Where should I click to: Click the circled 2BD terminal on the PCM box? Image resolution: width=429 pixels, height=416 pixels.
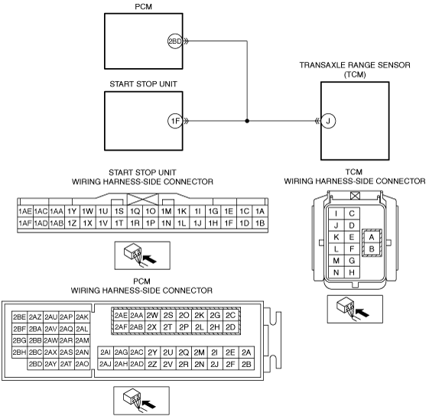pyautogui.click(x=175, y=41)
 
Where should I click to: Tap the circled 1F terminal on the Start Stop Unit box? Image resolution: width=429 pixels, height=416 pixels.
pyautogui.click(x=175, y=121)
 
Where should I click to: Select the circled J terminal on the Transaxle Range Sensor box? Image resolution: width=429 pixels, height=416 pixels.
pyautogui.click(x=328, y=121)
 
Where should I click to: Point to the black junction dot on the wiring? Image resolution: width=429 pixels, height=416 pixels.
pyautogui.click(x=247, y=121)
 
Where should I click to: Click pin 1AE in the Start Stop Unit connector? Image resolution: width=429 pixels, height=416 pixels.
pyautogui.click(x=25, y=211)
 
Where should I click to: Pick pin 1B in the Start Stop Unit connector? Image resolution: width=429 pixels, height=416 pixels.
pyautogui.click(x=260, y=223)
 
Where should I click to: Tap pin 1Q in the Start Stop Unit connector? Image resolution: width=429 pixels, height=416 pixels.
pyautogui.click(x=135, y=211)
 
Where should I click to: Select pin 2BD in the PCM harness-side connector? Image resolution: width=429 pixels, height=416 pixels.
pyautogui.click(x=35, y=364)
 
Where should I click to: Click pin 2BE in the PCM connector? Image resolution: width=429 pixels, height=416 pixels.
pyautogui.click(x=20, y=317)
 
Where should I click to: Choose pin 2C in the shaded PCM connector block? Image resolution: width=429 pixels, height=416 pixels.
pyautogui.click(x=230, y=315)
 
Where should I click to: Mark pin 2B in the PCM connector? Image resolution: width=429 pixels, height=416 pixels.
pyautogui.click(x=246, y=364)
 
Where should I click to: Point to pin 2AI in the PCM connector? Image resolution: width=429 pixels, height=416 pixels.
pyautogui.click(x=106, y=353)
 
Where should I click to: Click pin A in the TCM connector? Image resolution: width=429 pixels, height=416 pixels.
pyautogui.click(x=372, y=237)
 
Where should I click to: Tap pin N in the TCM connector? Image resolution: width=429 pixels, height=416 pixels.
pyautogui.click(x=336, y=272)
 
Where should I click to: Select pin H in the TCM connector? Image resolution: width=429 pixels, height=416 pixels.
pyautogui.click(x=352, y=272)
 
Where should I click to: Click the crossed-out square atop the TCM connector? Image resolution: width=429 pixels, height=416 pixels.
pyautogui.click(x=355, y=196)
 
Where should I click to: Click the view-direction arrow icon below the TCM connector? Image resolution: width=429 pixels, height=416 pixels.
pyautogui.click(x=355, y=309)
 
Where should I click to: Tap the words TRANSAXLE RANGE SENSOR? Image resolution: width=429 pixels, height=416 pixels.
pyautogui.click(x=355, y=65)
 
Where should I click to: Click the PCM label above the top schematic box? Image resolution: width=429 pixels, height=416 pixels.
pyautogui.click(x=143, y=7)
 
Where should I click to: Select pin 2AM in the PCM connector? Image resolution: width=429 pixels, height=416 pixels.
pyautogui.click(x=82, y=340)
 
